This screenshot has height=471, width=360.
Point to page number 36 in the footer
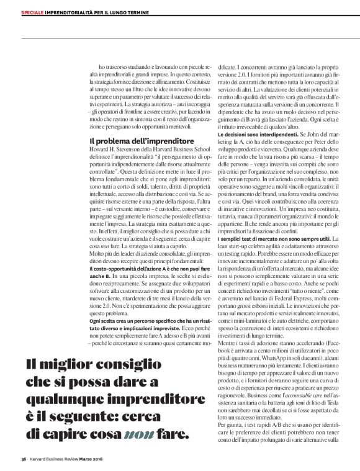tap(22, 459)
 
